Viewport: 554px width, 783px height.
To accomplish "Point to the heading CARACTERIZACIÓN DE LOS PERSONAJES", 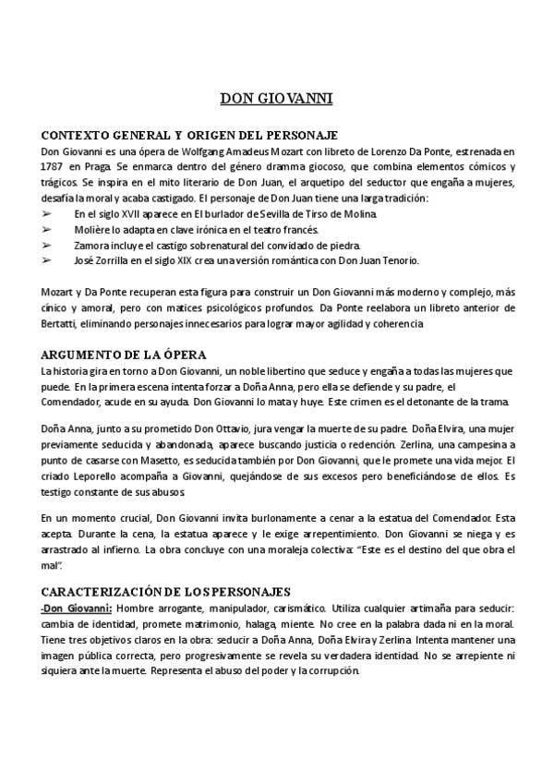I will click(x=166, y=591).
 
